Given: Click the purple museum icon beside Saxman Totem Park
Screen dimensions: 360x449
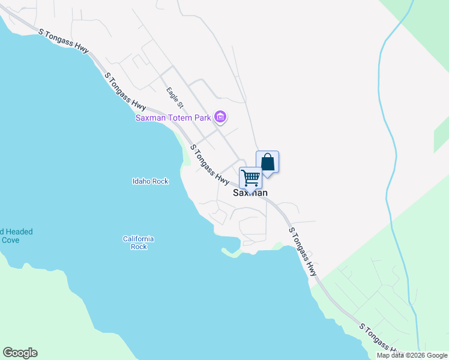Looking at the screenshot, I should (220, 116).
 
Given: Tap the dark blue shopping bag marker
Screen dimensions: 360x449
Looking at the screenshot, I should (268, 162).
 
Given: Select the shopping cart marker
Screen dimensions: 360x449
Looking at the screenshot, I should (250, 178).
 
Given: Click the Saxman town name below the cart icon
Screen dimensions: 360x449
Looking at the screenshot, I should (250, 193).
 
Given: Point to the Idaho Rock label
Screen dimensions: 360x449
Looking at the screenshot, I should (150, 181).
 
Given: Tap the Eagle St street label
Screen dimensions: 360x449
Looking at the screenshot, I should (175, 98).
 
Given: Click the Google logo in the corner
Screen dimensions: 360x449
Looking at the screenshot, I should (20, 353).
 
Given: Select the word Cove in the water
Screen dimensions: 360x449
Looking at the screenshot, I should (10, 240).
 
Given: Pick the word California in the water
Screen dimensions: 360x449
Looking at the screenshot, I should (139, 239).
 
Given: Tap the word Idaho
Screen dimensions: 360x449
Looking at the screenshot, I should (140, 181).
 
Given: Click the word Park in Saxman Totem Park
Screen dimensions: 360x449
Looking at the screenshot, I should (202, 118).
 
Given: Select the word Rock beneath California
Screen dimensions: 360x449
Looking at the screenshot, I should (139, 247).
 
